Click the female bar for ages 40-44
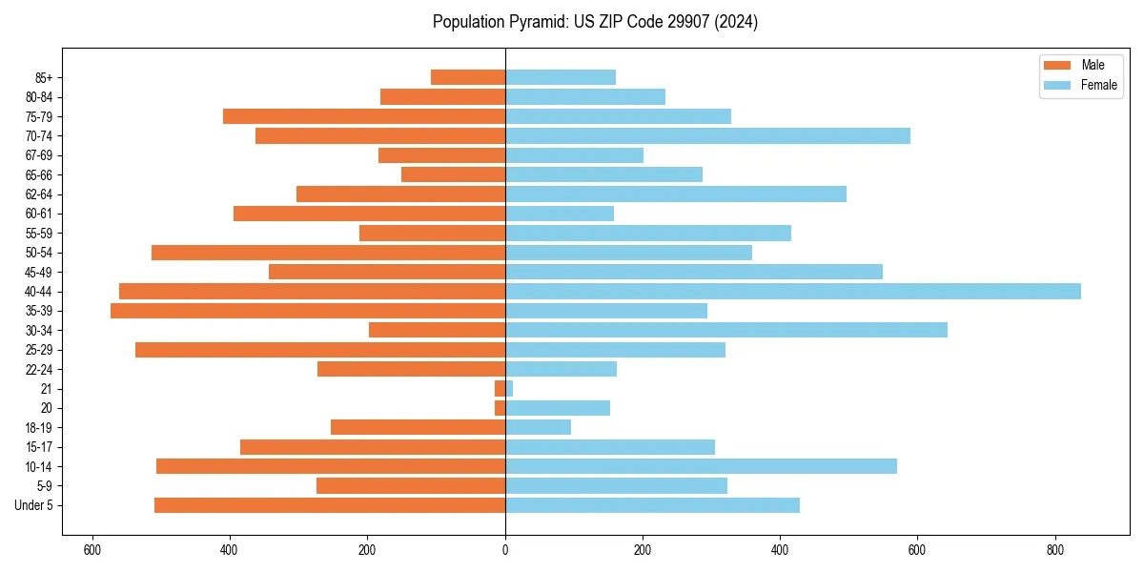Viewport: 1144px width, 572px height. (x=792, y=292)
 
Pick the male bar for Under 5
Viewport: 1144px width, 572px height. (x=330, y=505)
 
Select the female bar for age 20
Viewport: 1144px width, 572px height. (x=558, y=408)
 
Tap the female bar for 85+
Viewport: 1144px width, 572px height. (x=561, y=77)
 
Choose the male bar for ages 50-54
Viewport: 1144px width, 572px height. (x=328, y=253)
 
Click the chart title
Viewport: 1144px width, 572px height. (x=595, y=22)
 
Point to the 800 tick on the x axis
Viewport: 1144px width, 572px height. (x=1054, y=550)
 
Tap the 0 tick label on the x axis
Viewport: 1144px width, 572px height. (x=505, y=550)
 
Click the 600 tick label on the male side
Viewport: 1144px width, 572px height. (x=92, y=550)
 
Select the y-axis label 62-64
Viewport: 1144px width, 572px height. (x=38, y=194)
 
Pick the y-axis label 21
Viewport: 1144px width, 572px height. (x=46, y=389)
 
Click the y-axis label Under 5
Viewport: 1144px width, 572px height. (x=33, y=505)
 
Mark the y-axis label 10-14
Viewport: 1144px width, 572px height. (x=38, y=466)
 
